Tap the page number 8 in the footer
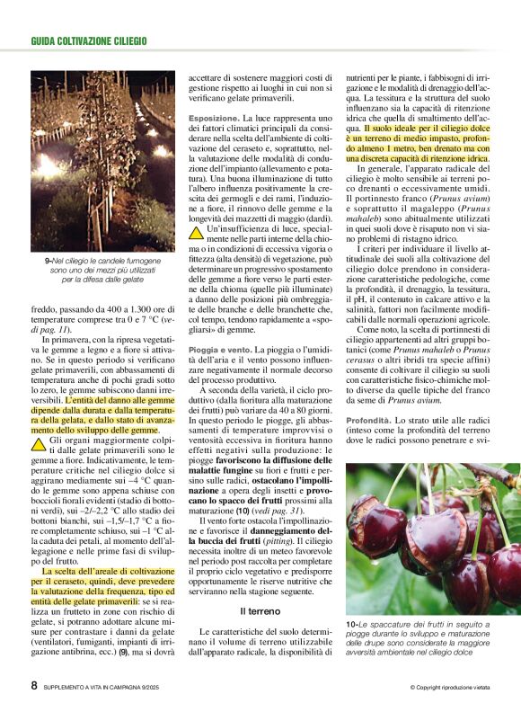(33, 686)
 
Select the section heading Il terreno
(261, 611)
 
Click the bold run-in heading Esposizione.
(214, 118)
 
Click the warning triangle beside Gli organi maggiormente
(39, 444)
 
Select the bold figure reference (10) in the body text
(243, 511)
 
